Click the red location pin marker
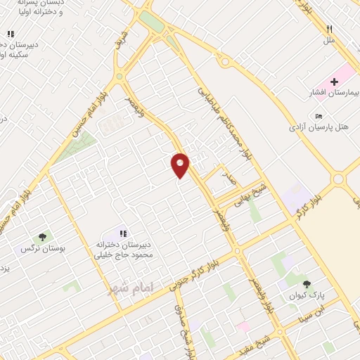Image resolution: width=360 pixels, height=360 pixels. pyautogui.click(x=181, y=165)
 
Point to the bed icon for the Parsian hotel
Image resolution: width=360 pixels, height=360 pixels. pyautogui.click(x=319, y=117)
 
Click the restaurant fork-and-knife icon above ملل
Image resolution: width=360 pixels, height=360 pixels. pyautogui.click(x=329, y=30)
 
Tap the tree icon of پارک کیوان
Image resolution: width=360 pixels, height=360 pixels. pyautogui.click(x=306, y=283)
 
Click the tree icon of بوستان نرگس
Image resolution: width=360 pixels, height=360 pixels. pyautogui.click(x=42, y=237)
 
